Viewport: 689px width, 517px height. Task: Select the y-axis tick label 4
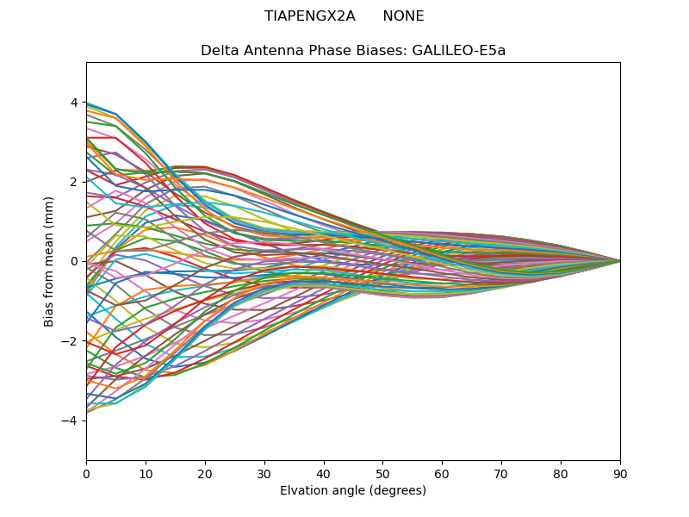click(x=74, y=103)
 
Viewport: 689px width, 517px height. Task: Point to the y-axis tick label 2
click(x=74, y=182)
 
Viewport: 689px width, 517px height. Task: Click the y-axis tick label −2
click(x=71, y=340)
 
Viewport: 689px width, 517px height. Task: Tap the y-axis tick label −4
click(x=71, y=420)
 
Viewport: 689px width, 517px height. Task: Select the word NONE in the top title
click(x=403, y=16)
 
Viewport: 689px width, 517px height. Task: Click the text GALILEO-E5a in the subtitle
click(x=459, y=50)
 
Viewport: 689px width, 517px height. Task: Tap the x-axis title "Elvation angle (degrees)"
click(x=353, y=490)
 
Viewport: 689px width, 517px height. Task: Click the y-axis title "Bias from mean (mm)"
click(x=50, y=260)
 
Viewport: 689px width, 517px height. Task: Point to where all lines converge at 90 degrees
click(x=619, y=261)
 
